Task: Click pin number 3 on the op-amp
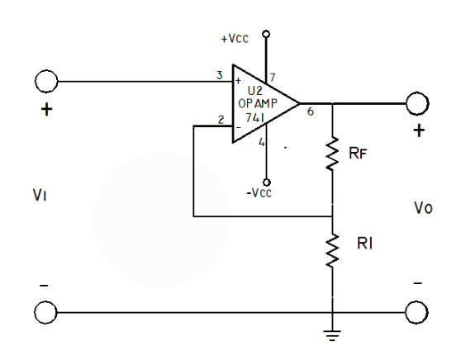click(x=220, y=76)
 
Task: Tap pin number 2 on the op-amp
click(x=221, y=121)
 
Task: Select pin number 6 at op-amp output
click(x=311, y=111)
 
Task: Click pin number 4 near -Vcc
click(x=262, y=142)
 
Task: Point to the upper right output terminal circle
click(x=417, y=104)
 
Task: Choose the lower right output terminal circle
click(x=417, y=311)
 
